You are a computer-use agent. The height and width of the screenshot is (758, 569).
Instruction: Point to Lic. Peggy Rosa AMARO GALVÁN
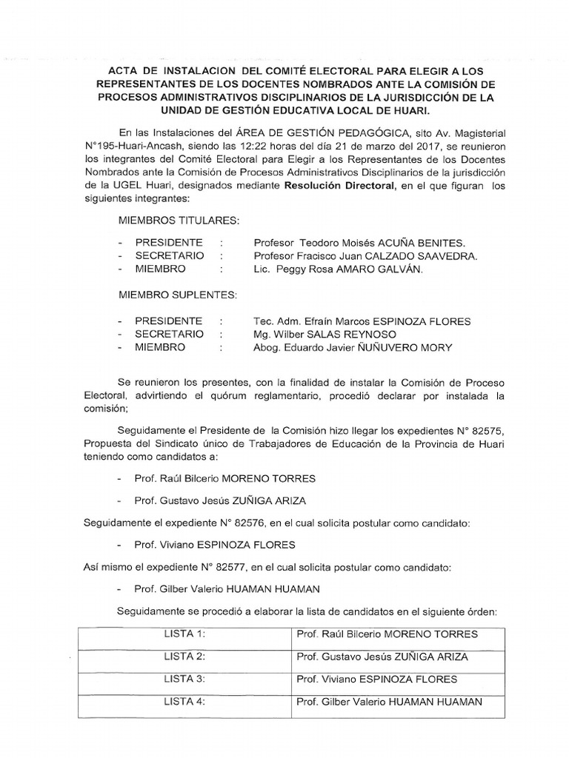click(339, 270)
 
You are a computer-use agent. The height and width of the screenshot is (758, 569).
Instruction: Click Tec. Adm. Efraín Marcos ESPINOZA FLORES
click(362, 321)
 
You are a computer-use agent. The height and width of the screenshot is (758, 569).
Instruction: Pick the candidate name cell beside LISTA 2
click(382, 657)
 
